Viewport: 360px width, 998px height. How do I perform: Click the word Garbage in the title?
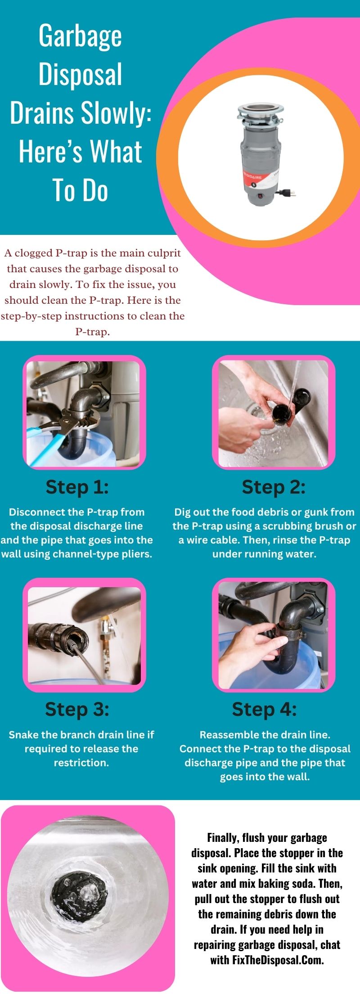point(80,37)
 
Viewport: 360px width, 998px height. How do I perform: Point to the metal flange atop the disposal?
point(260,110)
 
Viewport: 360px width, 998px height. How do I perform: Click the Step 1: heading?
point(77,487)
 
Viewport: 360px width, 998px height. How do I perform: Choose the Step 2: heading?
point(274,487)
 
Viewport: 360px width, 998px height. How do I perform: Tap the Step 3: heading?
point(77,709)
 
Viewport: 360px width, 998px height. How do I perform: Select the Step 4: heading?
point(264,709)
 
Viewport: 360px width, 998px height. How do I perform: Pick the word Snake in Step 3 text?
point(23,735)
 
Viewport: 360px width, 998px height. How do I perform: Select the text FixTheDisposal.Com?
point(278,960)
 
